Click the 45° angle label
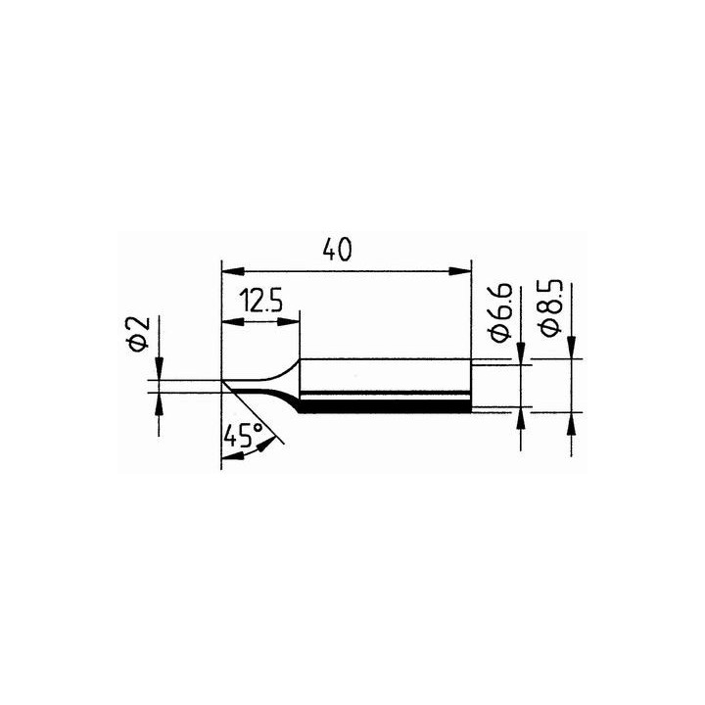(x=243, y=436)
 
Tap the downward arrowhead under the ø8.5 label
(x=572, y=351)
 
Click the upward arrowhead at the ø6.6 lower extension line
(x=520, y=415)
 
